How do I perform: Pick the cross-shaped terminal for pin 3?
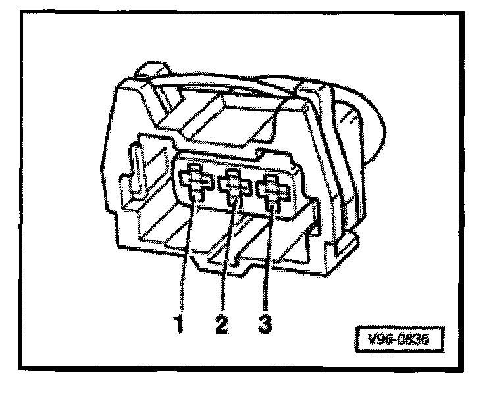pos(273,189)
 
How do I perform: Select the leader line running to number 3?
pos(268,263)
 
